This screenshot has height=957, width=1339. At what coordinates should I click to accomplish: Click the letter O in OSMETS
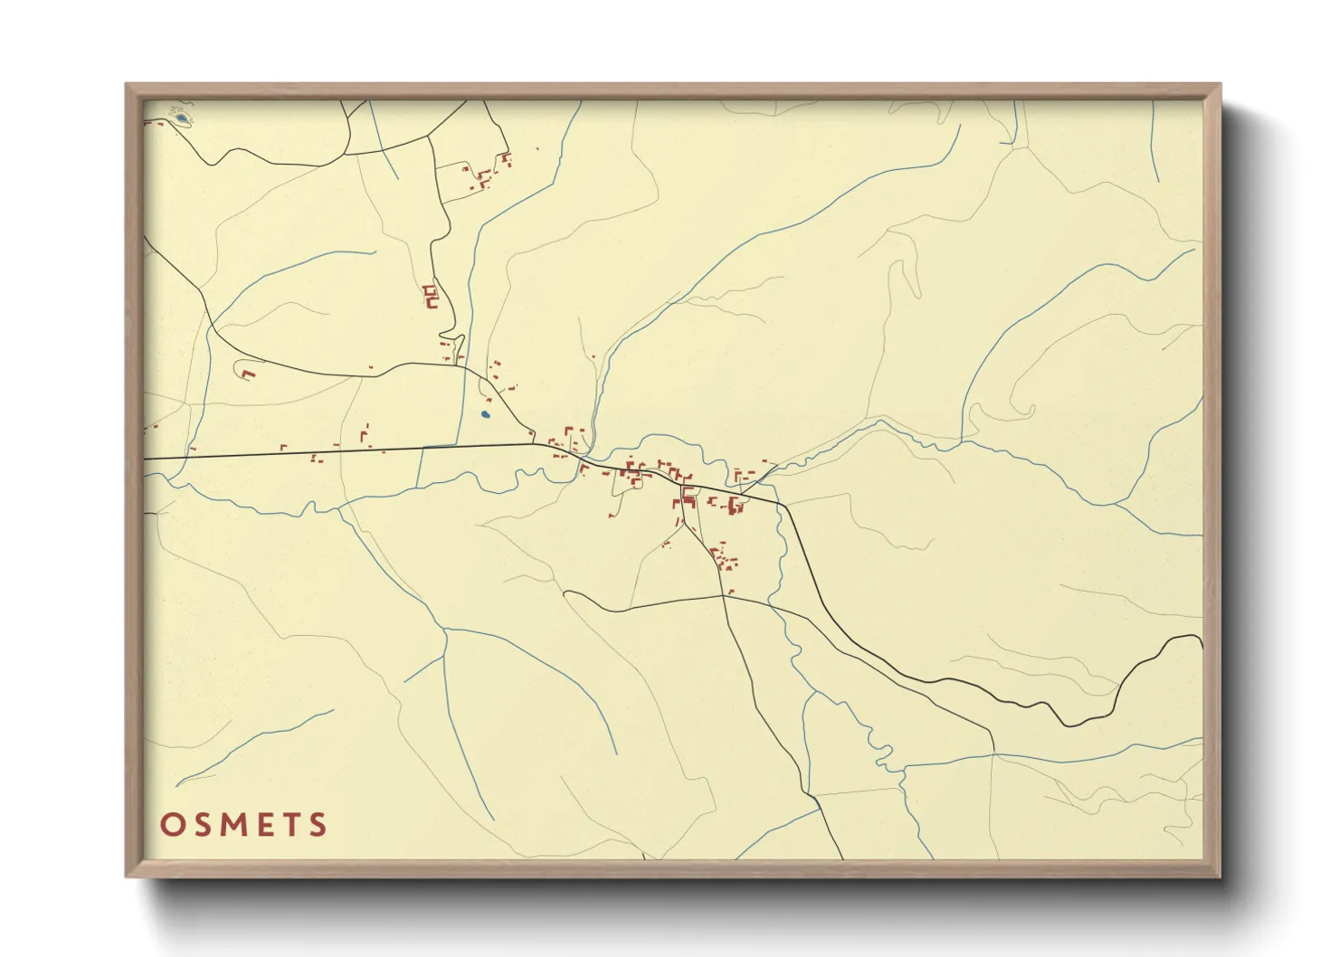click(172, 825)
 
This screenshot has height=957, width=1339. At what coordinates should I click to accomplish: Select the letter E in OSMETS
click(263, 825)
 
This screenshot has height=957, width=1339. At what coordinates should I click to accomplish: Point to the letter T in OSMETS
click(290, 825)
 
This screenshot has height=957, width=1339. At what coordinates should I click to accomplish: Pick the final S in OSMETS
click(318, 825)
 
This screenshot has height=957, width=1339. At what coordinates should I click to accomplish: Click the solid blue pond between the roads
click(485, 414)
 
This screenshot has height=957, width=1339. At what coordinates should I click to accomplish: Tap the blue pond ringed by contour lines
click(181, 118)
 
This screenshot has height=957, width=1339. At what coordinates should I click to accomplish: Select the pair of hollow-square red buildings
click(430, 296)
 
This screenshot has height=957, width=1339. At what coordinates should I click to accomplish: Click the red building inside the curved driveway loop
click(249, 373)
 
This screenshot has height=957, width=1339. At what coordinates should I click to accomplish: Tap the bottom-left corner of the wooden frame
click(128, 875)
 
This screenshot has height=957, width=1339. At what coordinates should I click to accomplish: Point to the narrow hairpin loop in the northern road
click(460, 346)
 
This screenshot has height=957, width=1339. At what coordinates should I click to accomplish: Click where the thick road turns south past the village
click(782, 507)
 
